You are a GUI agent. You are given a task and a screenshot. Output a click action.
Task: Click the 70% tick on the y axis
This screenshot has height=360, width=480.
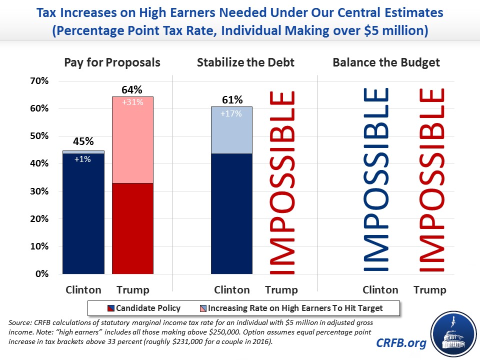coord(38,81)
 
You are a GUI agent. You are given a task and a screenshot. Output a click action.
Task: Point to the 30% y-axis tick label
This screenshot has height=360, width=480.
coord(38,191)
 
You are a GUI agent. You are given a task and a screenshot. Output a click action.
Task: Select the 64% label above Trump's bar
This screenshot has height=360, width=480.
coord(132,90)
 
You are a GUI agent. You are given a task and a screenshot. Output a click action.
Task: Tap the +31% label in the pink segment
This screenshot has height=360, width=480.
coord(132,102)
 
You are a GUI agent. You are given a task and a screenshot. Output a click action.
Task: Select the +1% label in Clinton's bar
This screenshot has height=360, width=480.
coord(83,160)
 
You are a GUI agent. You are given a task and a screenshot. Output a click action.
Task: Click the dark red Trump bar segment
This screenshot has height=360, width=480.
coord(132,228)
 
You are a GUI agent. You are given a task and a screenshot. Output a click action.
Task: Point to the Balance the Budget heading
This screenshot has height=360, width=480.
coord(386,63)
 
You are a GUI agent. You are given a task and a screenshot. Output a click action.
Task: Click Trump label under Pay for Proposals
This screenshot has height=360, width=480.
coord(132,290)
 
